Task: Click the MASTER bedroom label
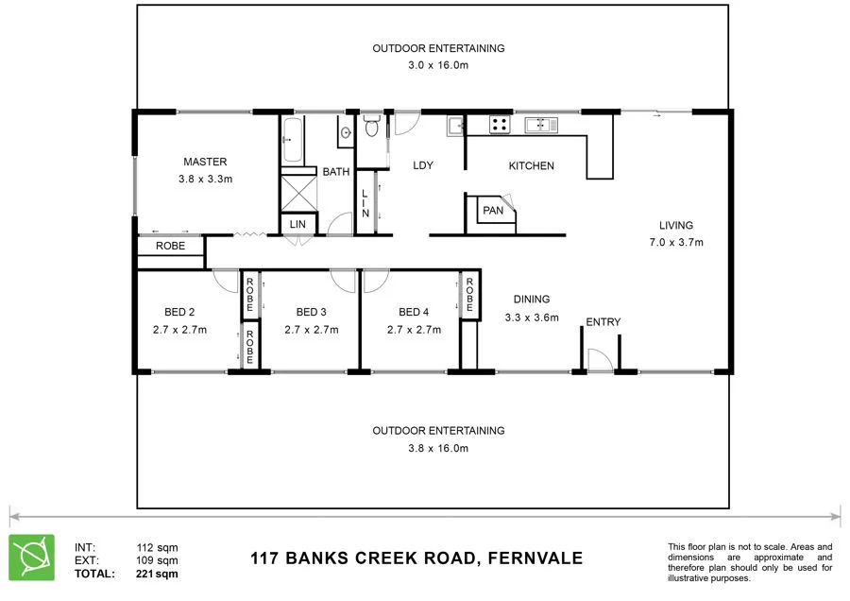(205, 162)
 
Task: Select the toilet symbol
(372, 127)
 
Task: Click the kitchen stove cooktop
(499, 124)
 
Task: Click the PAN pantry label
(493, 211)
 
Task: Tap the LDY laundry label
(423, 165)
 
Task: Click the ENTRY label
(603, 322)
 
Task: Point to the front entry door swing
(596, 360)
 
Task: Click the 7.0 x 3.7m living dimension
(676, 242)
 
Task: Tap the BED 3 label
(311, 313)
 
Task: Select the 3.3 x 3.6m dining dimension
(532, 317)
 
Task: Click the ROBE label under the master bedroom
(171, 247)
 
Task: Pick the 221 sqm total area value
(157, 573)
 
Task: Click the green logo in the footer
(31, 557)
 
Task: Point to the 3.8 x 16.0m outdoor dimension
(438, 448)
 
